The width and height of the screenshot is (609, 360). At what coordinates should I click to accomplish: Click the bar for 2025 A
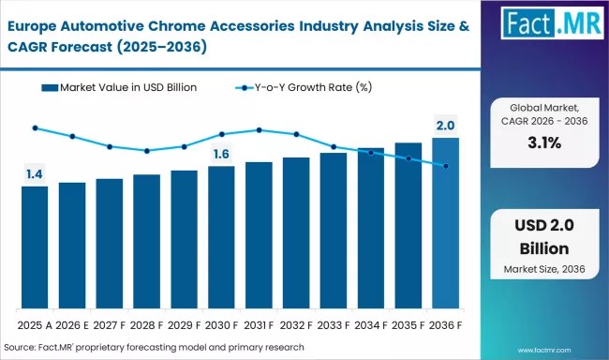35,247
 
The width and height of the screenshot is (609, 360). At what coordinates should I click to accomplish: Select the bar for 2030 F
221,238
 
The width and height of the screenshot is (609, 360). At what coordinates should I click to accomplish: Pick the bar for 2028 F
146,242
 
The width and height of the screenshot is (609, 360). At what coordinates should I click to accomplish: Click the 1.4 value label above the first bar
34,173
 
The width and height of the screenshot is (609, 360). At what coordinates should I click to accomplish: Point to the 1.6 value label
221,154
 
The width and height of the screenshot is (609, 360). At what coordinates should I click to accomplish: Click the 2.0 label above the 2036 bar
445,126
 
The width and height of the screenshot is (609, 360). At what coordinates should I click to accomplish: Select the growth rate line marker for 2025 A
35,127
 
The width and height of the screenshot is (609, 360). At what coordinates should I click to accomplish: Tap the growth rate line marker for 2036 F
446,166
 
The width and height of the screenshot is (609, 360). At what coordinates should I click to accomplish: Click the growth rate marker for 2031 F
259,130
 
